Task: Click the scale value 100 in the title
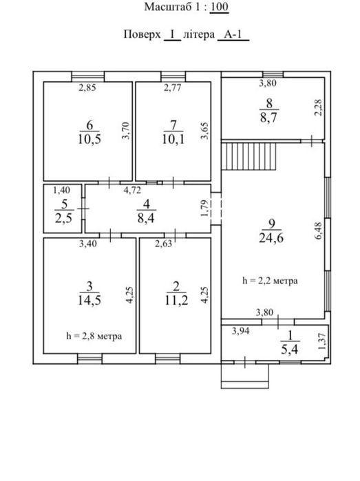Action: [x=220, y=7]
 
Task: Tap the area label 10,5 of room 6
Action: [x=89, y=139]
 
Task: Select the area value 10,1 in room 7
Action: [x=173, y=139]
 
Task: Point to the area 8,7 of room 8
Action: [x=268, y=117]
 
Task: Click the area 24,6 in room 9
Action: [x=271, y=237]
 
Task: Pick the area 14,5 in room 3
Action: [x=89, y=300]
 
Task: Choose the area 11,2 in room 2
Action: [x=176, y=300]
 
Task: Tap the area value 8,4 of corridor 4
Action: [x=146, y=218]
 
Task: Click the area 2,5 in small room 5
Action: [x=63, y=218]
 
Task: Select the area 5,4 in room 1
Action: [x=289, y=349]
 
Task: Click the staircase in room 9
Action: [x=249, y=156]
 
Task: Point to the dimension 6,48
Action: [x=318, y=231]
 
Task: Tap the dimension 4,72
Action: [x=132, y=190]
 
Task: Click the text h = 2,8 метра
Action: [x=94, y=336]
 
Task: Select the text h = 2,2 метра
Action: [x=270, y=280]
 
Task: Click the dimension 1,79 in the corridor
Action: [x=204, y=208]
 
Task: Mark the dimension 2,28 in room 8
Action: [x=318, y=107]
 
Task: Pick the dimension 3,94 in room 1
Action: [x=240, y=331]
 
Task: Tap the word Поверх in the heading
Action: [x=142, y=34]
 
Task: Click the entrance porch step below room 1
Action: [x=245, y=376]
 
